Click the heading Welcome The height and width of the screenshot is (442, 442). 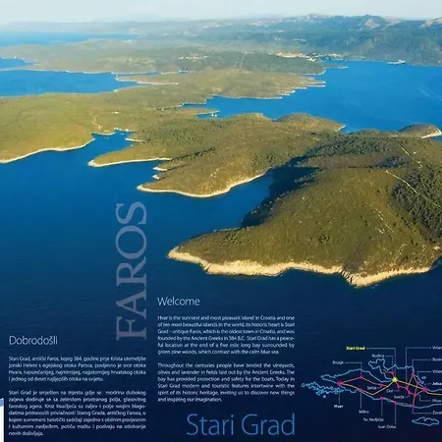pos(179,301)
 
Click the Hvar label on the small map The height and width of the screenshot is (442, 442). pos(338,405)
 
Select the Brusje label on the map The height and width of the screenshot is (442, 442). pos(338,362)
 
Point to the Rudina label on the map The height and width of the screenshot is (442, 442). pos(378,356)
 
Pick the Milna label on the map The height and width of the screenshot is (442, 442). pos(364,412)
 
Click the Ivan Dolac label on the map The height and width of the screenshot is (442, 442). pos(384,426)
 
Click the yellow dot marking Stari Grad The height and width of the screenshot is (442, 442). pos(395,380)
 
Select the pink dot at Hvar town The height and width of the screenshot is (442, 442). pos(339,383)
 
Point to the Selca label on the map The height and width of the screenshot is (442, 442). pos(370,386)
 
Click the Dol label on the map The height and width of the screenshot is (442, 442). pos(390,390)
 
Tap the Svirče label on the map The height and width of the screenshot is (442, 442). pos(397,396)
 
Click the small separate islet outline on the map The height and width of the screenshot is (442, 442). pos(425,421)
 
